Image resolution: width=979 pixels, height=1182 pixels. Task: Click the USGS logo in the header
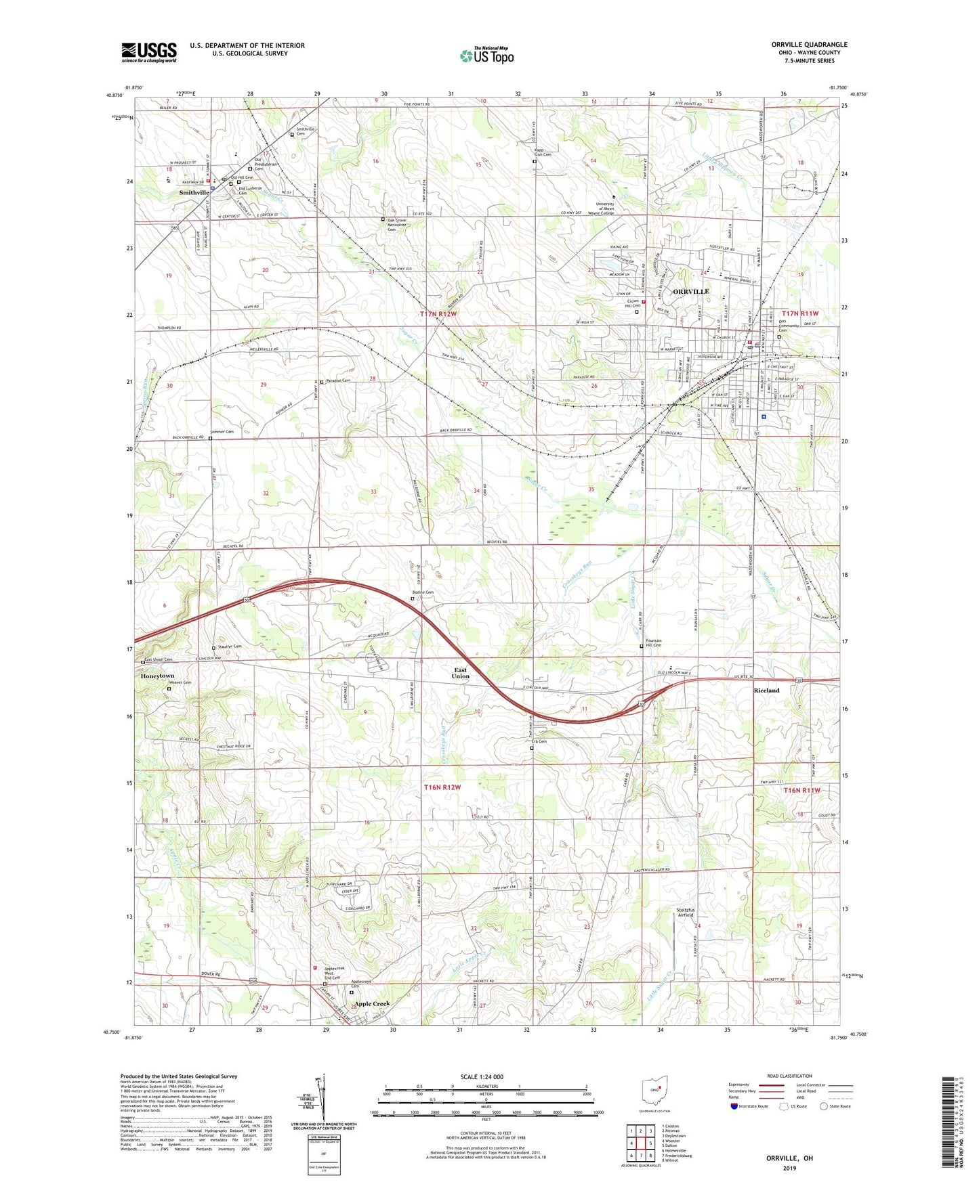149,52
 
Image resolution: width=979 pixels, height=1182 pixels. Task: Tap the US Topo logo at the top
486,55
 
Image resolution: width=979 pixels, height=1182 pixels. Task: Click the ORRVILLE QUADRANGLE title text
809,45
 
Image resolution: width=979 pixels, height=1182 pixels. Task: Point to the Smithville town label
194,193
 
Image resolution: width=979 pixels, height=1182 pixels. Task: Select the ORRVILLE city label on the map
690,291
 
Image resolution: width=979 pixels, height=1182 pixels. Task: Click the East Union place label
461,673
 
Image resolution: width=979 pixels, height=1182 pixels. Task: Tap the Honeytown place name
157,676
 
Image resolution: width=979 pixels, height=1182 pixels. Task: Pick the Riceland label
766,691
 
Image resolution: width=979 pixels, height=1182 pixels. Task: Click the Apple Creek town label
372,1003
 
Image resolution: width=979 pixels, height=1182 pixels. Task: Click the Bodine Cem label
423,592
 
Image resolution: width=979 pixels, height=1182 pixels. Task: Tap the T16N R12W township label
442,787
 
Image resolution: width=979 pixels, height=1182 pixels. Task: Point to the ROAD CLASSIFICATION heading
789,1076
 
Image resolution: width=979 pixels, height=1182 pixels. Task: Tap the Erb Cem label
539,741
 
